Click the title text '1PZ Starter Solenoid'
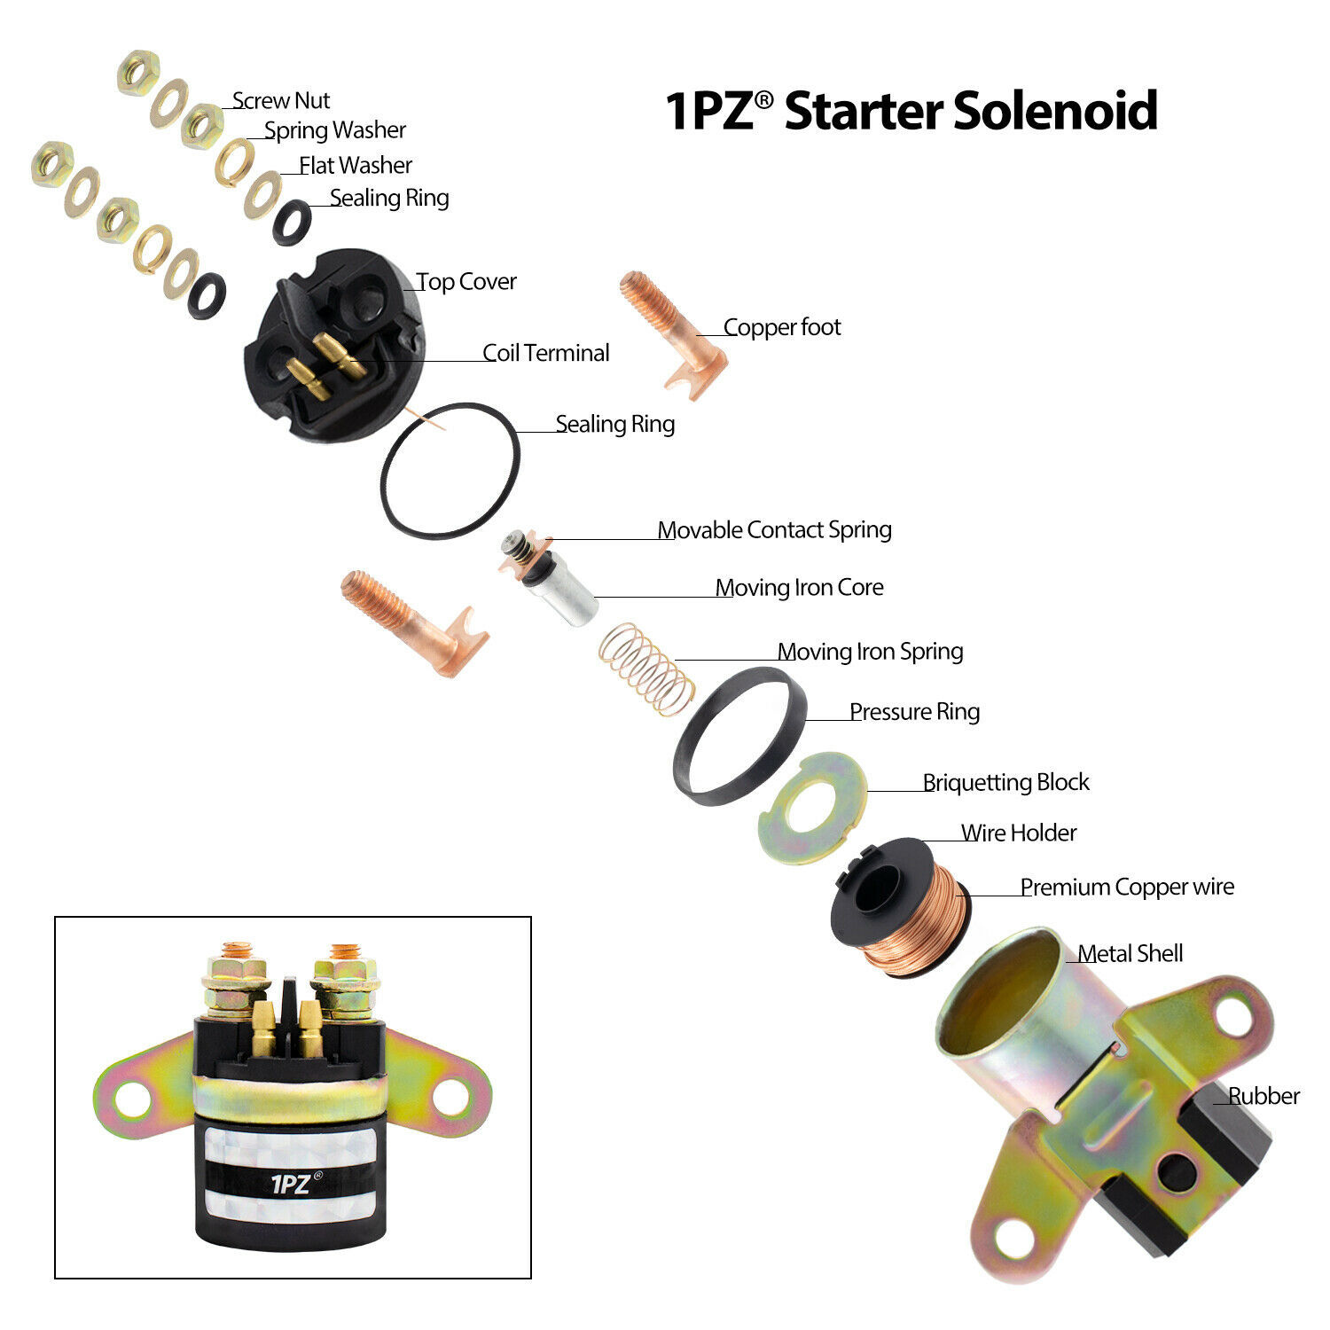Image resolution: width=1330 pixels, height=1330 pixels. click(911, 111)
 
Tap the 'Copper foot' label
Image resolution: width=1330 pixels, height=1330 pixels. click(781, 327)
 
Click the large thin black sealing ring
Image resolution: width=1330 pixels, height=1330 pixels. click(450, 470)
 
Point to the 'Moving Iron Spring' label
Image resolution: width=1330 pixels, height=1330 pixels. click(870, 652)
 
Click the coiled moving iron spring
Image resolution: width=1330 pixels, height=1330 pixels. click(646, 669)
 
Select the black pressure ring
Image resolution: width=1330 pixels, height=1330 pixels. click(739, 736)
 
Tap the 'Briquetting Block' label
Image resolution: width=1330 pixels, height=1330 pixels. click(1005, 782)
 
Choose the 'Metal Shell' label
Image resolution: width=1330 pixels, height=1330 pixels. click(1130, 953)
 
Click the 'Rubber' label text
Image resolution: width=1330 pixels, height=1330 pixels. click(1263, 1096)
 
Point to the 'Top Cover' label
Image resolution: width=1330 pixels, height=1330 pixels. click(466, 282)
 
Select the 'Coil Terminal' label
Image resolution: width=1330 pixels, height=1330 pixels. click(545, 353)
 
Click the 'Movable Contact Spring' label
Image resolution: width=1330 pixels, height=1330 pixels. click(774, 530)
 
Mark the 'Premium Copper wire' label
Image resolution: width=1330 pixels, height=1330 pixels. click(1126, 887)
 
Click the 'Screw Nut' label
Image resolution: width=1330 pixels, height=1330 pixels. click(281, 101)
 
